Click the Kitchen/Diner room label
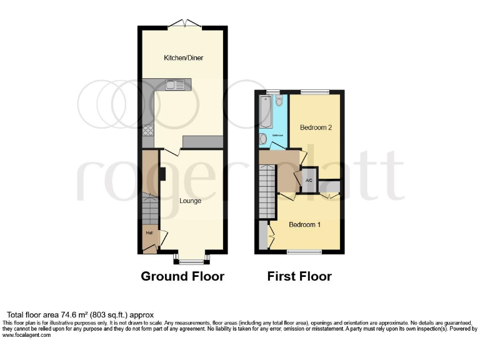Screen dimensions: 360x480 183,58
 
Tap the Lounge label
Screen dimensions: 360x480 190,201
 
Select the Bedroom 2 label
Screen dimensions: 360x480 316,127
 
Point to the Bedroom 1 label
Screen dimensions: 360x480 305,224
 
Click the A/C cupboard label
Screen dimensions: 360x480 309,181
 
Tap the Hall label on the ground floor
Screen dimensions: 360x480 149,233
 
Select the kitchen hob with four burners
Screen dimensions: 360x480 149,130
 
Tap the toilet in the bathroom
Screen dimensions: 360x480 279,100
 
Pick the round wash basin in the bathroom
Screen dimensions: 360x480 263,139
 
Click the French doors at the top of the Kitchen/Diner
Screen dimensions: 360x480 184,24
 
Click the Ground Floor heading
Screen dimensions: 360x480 182,276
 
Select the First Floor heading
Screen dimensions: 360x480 299,276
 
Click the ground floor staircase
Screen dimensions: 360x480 150,208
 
